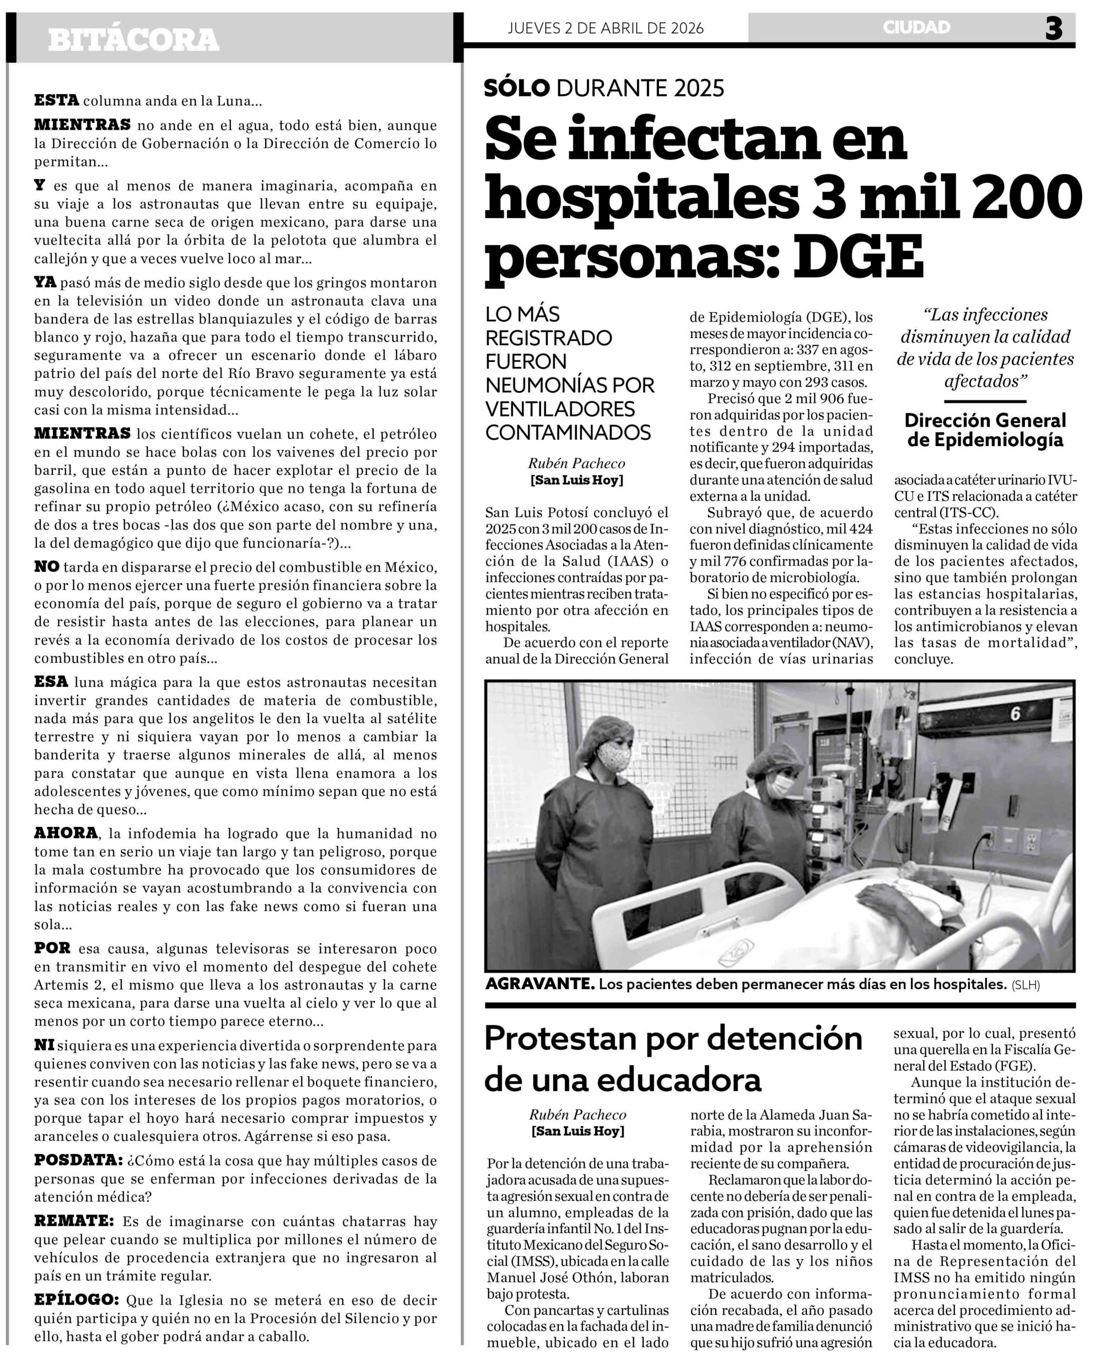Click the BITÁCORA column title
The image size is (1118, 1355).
pyautogui.click(x=133, y=40)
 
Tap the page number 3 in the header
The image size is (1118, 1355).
pyautogui.click(x=1053, y=29)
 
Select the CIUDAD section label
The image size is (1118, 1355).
pyautogui.click(x=916, y=27)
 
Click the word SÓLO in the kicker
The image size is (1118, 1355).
pyautogui.click(x=517, y=87)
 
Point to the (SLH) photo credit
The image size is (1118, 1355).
pyautogui.click(x=1026, y=984)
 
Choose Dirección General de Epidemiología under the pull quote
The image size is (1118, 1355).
pyautogui.click(x=985, y=430)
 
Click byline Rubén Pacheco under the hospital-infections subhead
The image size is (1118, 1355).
pyautogui.click(x=576, y=463)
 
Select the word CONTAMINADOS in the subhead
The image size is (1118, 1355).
pyautogui.click(x=568, y=432)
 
